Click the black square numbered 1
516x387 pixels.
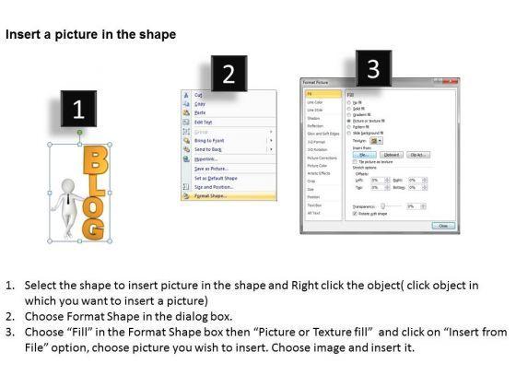click(78, 111)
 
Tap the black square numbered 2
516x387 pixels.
click(229, 75)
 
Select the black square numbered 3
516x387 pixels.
click(372, 68)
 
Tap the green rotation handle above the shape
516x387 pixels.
click(80, 134)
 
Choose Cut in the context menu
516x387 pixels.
click(198, 95)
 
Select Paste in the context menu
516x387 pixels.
click(200, 113)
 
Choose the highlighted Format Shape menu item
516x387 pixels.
click(212, 196)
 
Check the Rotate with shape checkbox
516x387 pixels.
click(348, 213)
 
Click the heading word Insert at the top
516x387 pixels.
click(23, 35)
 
